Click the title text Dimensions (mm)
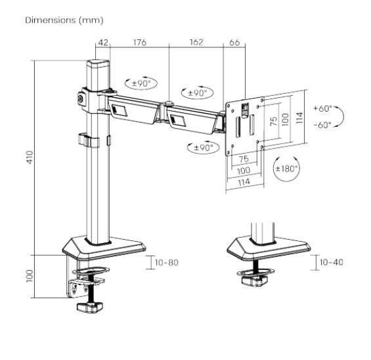[64, 20]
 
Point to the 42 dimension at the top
[102, 43]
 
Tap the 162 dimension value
[196, 43]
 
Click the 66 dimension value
[234, 43]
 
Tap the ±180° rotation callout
[286, 169]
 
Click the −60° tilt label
[323, 124]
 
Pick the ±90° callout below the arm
[202, 147]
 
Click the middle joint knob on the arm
[169, 103]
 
